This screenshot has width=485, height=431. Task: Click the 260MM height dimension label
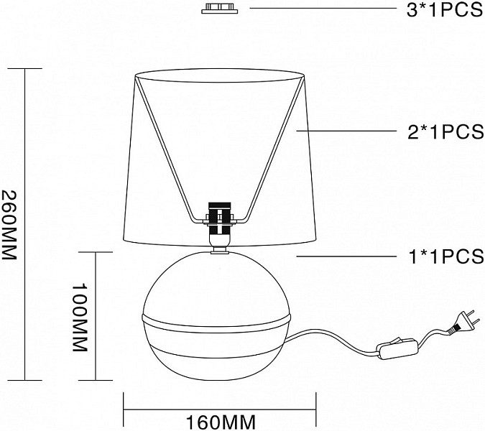click(x=9, y=225)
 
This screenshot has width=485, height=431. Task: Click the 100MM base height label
click(x=80, y=318)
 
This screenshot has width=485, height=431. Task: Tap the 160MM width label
click(x=221, y=422)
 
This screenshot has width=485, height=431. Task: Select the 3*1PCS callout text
click(x=445, y=10)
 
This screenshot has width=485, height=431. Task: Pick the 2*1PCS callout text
click(x=445, y=131)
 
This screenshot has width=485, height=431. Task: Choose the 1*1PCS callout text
click(x=446, y=256)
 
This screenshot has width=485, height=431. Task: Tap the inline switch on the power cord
click(x=397, y=348)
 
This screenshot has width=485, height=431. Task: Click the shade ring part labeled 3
click(x=220, y=9)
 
